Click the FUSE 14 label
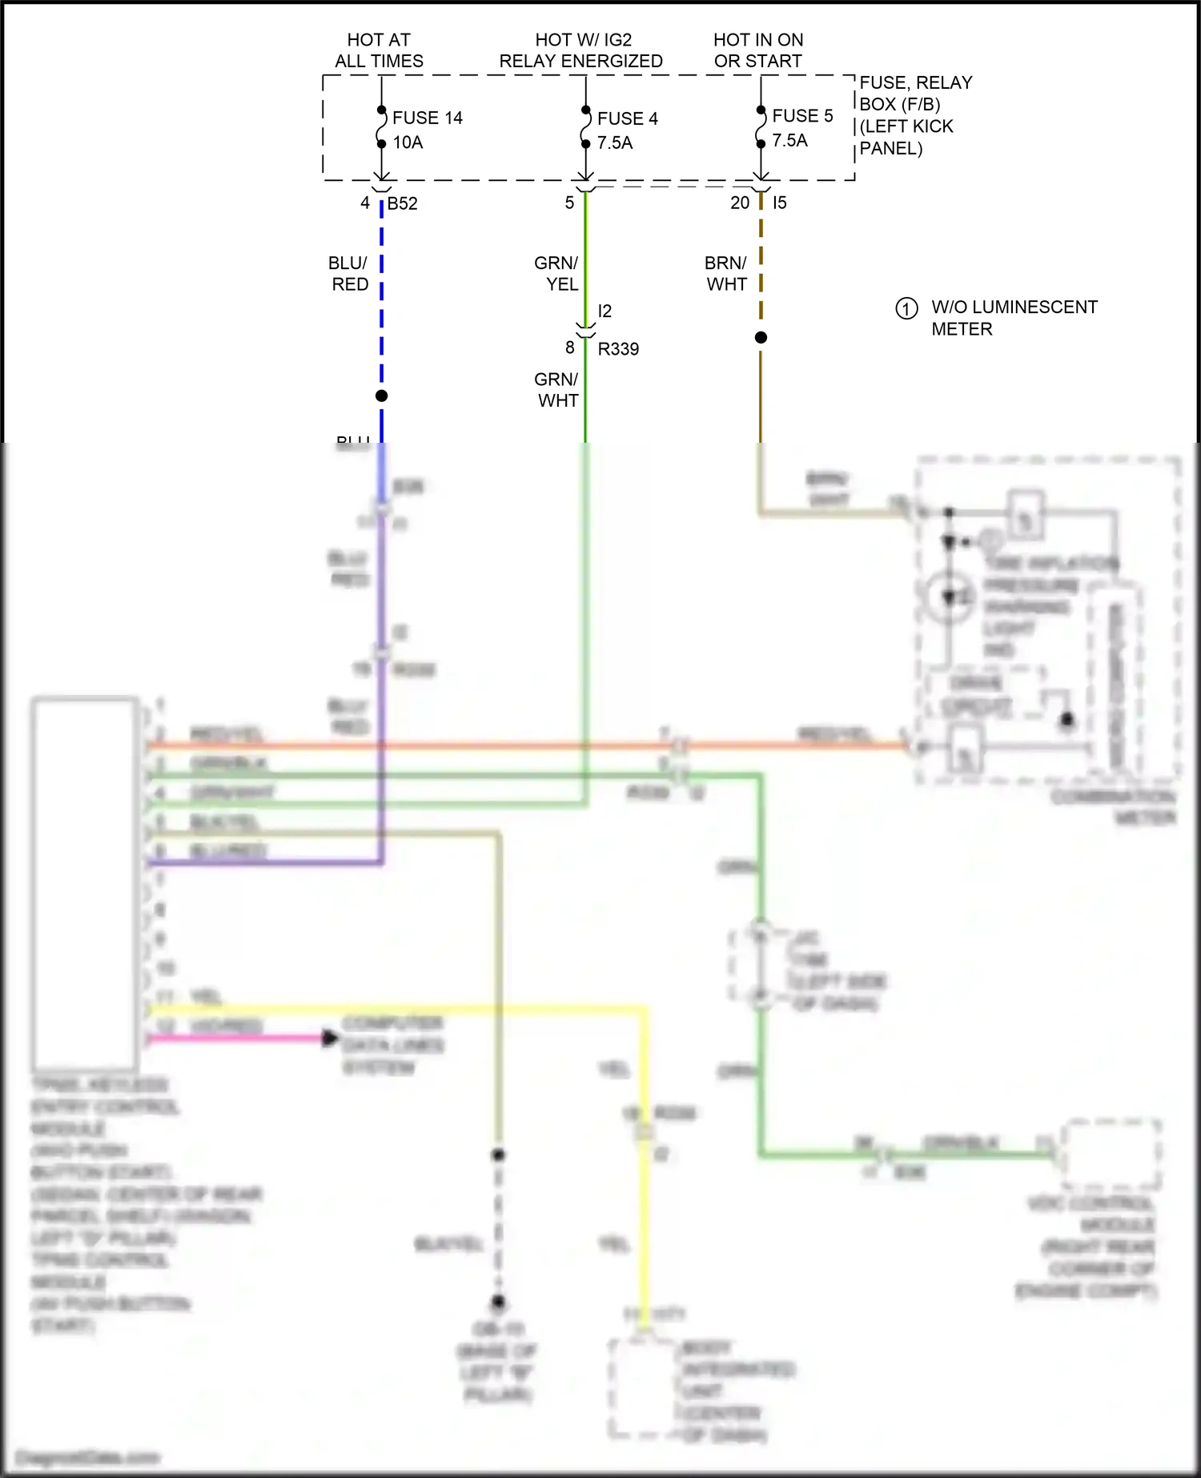pos(428,118)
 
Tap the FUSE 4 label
pos(627,118)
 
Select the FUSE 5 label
pos(802,116)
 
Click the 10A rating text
pos(408,143)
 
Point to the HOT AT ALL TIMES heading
pos(379,50)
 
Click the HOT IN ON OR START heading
pos(757,50)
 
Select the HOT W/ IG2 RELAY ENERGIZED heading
pos(581,50)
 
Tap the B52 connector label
pos(402,203)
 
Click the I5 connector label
pos(779,203)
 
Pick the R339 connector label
pos(618,349)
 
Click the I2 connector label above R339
pos(605,311)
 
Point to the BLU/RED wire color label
pos(349,274)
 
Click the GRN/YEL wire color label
pos(556,274)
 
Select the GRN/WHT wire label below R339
pos(556,390)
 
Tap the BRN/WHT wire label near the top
pos(726,274)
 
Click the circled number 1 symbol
pos(906,308)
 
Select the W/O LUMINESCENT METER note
pos(1014,318)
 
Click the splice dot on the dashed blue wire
pos(382,396)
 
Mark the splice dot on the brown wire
pos(761,338)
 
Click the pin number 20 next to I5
pos(740,203)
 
